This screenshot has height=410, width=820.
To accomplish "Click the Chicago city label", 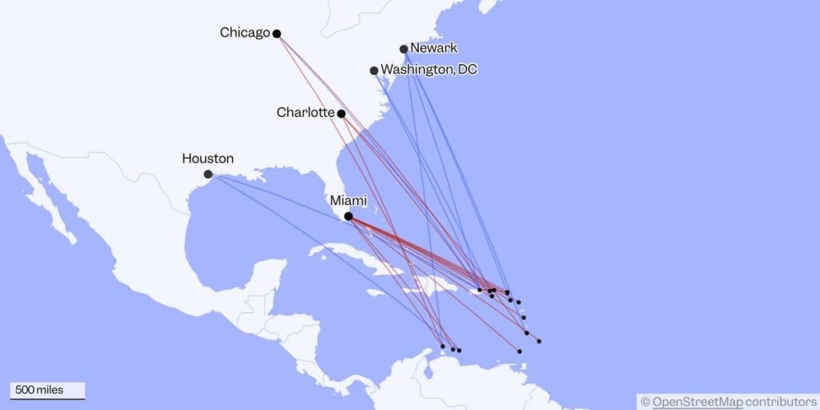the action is [244, 33].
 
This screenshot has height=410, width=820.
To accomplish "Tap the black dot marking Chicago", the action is [276, 34].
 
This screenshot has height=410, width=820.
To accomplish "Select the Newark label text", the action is [433, 48].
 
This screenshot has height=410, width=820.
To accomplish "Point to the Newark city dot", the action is [404, 49].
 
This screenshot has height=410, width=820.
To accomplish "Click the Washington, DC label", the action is [428, 70].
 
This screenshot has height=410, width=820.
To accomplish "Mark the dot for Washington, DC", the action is [374, 70].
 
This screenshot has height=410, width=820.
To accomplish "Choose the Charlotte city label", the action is [305, 112].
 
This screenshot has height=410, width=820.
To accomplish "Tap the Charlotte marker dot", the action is [341, 114].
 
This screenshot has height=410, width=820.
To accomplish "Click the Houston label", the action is [207, 159].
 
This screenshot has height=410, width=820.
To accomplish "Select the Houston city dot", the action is [208, 174].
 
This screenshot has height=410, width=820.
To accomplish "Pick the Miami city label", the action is [348, 202].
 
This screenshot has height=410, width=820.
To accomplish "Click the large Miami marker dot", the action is [348, 216].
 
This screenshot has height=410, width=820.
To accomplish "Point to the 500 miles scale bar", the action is [47, 391].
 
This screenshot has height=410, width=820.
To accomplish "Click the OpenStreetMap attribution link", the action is [697, 401].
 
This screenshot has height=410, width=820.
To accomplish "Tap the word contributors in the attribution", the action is [780, 401].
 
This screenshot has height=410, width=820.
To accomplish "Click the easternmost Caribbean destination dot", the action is [539, 341].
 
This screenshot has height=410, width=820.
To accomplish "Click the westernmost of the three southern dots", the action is [443, 346].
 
